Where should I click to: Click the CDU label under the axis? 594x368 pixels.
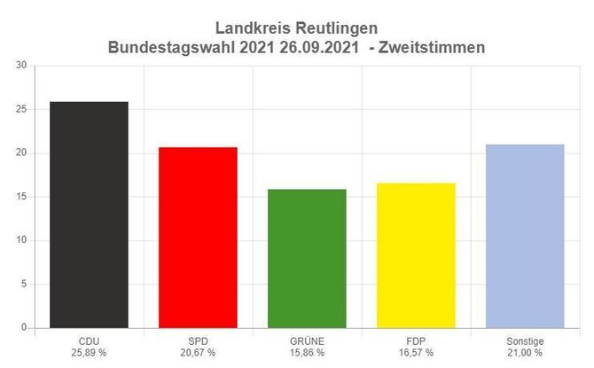[x=89, y=341]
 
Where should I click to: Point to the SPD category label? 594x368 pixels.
[x=198, y=341]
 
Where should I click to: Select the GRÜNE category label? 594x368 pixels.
[x=307, y=341]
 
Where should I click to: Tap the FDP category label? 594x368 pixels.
[x=416, y=341]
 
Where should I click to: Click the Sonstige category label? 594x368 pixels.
[x=525, y=341]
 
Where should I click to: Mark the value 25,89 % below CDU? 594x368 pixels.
[x=89, y=353]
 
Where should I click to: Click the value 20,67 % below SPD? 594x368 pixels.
[x=198, y=353]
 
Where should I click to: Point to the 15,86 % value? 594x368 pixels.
[x=307, y=353]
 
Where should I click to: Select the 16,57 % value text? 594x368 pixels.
[x=416, y=353]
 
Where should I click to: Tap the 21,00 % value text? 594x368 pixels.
[x=525, y=353]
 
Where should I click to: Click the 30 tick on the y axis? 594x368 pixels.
[x=21, y=66]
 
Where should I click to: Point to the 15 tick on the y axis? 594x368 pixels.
[x=21, y=197]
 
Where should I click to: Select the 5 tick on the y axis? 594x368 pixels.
[x=24, y=285]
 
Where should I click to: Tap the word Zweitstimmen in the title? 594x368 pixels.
[x=433, y=48]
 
